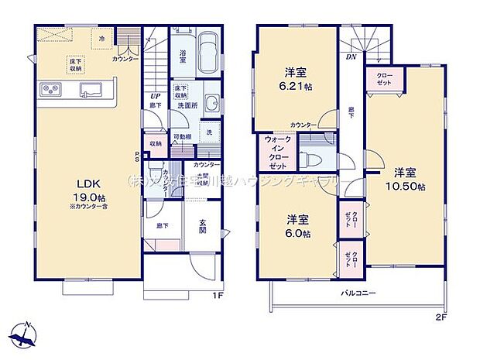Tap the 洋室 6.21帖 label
point(295,81)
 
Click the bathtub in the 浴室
point(207,54)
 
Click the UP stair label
point(154,97)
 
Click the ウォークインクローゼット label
point(278,153)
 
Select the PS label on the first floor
point(138,156)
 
